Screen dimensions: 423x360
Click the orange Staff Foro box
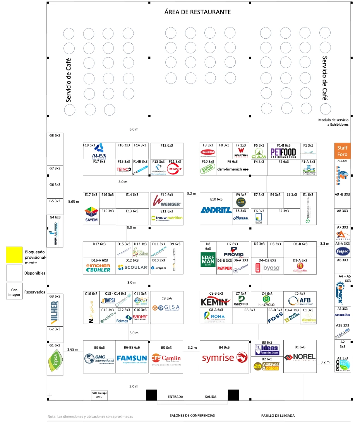click(x=342, y=150)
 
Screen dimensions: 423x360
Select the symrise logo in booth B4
click(x=224, y=358)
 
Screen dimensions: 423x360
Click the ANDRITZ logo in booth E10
click(x=216, y=210)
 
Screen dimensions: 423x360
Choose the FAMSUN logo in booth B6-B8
click(x=132, y=358)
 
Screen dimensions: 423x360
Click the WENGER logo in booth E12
click(x=167, y=201)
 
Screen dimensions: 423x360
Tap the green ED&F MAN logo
click(x=208, y=264)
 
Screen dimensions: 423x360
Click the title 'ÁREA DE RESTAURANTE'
click(x=197, y=12)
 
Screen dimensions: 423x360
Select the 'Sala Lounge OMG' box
click(x=99, y=395)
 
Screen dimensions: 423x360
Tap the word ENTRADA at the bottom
click(x=175, y=397)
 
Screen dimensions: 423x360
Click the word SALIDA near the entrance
click(x=211, y=397)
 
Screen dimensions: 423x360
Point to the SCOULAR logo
click(x=132, y=268)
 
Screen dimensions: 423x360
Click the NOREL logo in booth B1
click(x=300, y=357)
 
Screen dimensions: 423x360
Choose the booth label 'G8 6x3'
click(x=55, y=136)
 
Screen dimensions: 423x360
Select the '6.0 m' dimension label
click(x=134, y=129)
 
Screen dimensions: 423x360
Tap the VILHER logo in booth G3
click(x=54, y=312)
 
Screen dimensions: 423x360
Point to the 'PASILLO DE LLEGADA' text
click(x=278, y=416)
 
